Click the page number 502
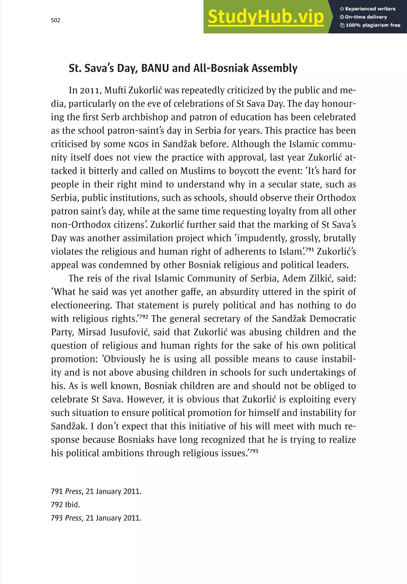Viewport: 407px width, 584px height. pyautogui.click(x=56, y=20)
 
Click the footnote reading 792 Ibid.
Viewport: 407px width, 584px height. pyautogui.click(x=65, y=505)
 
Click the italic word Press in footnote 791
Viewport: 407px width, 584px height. pyautogui.click(x=73, y=491)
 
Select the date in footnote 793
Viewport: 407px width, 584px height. pyautogui.click(x=113, y=518)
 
